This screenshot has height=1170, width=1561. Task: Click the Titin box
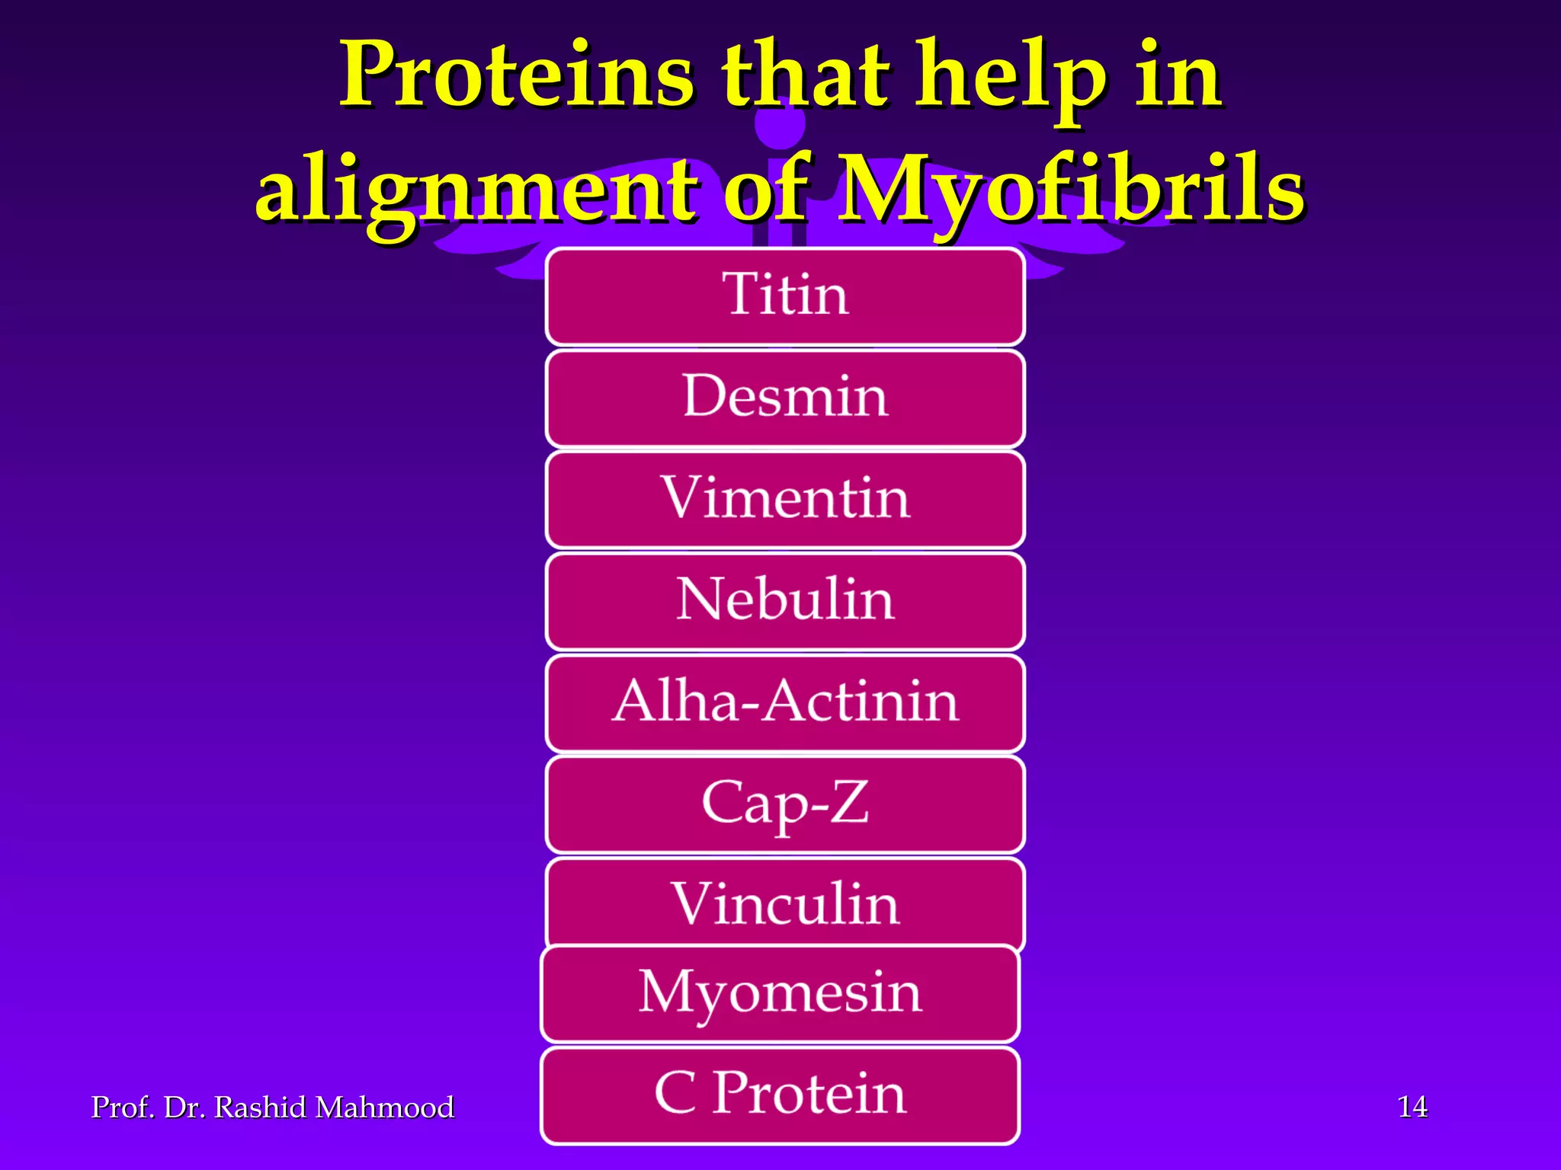pos(785,296)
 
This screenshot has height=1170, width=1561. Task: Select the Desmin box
pos(785,397)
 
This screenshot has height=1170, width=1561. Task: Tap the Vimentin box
pos(785,499)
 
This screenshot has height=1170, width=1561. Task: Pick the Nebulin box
pos(785,600)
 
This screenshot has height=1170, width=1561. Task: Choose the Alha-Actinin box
pos(785,702)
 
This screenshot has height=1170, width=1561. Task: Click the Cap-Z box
pos(785,803)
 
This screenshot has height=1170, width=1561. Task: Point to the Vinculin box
pos(785,903)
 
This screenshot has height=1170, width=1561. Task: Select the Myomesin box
pos(780,993)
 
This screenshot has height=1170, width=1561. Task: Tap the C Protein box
pos(780,1094)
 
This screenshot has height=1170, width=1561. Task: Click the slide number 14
pos(1412,1107)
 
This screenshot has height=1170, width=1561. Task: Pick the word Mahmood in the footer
pos(384,1108)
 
